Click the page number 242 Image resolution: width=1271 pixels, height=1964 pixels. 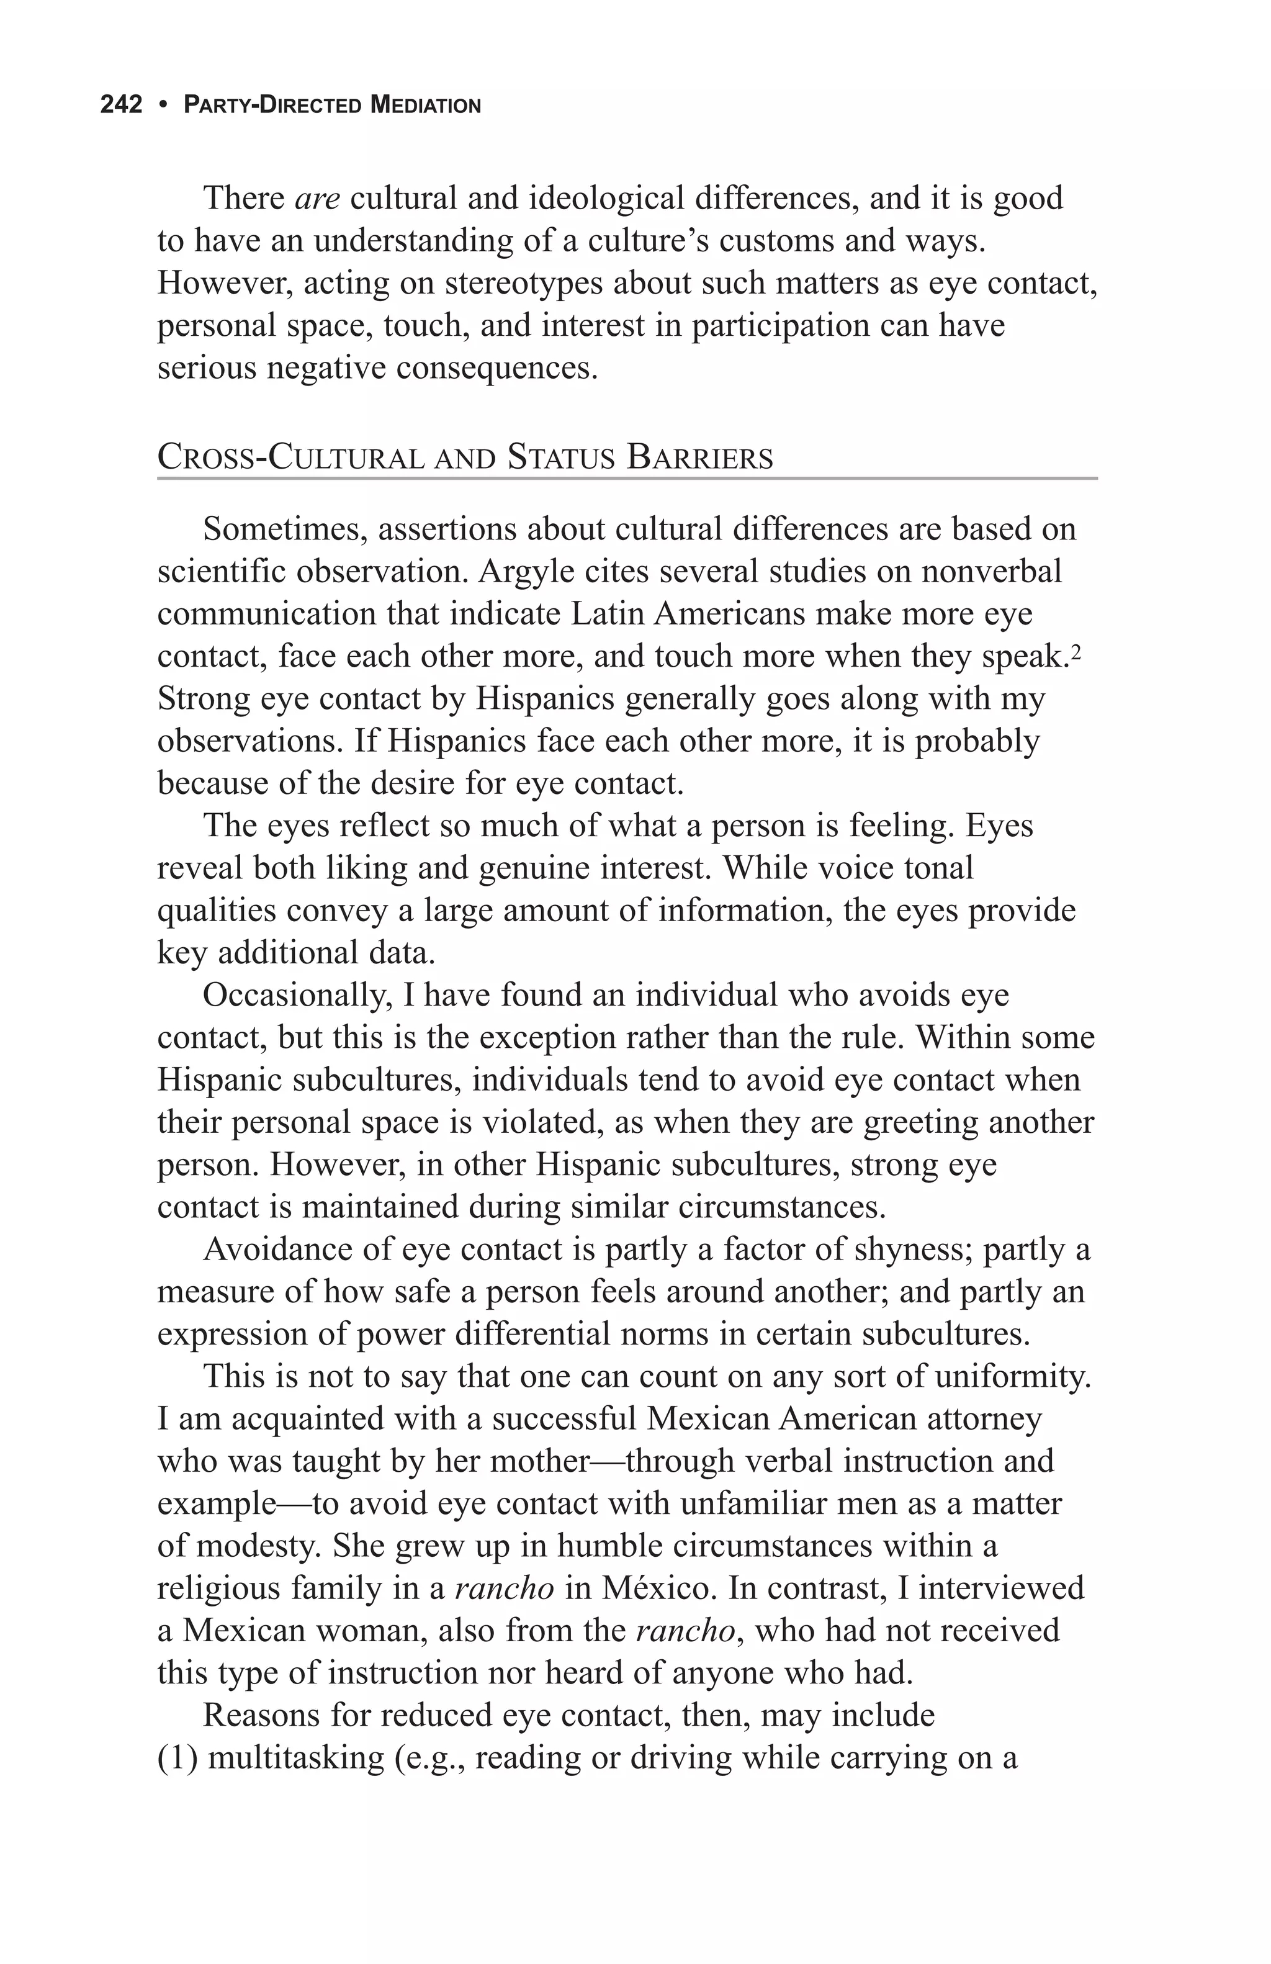pyautogui.click(x=121, y=105)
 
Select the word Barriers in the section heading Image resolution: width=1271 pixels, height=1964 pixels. pyautogui.click(x=699, y=457)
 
